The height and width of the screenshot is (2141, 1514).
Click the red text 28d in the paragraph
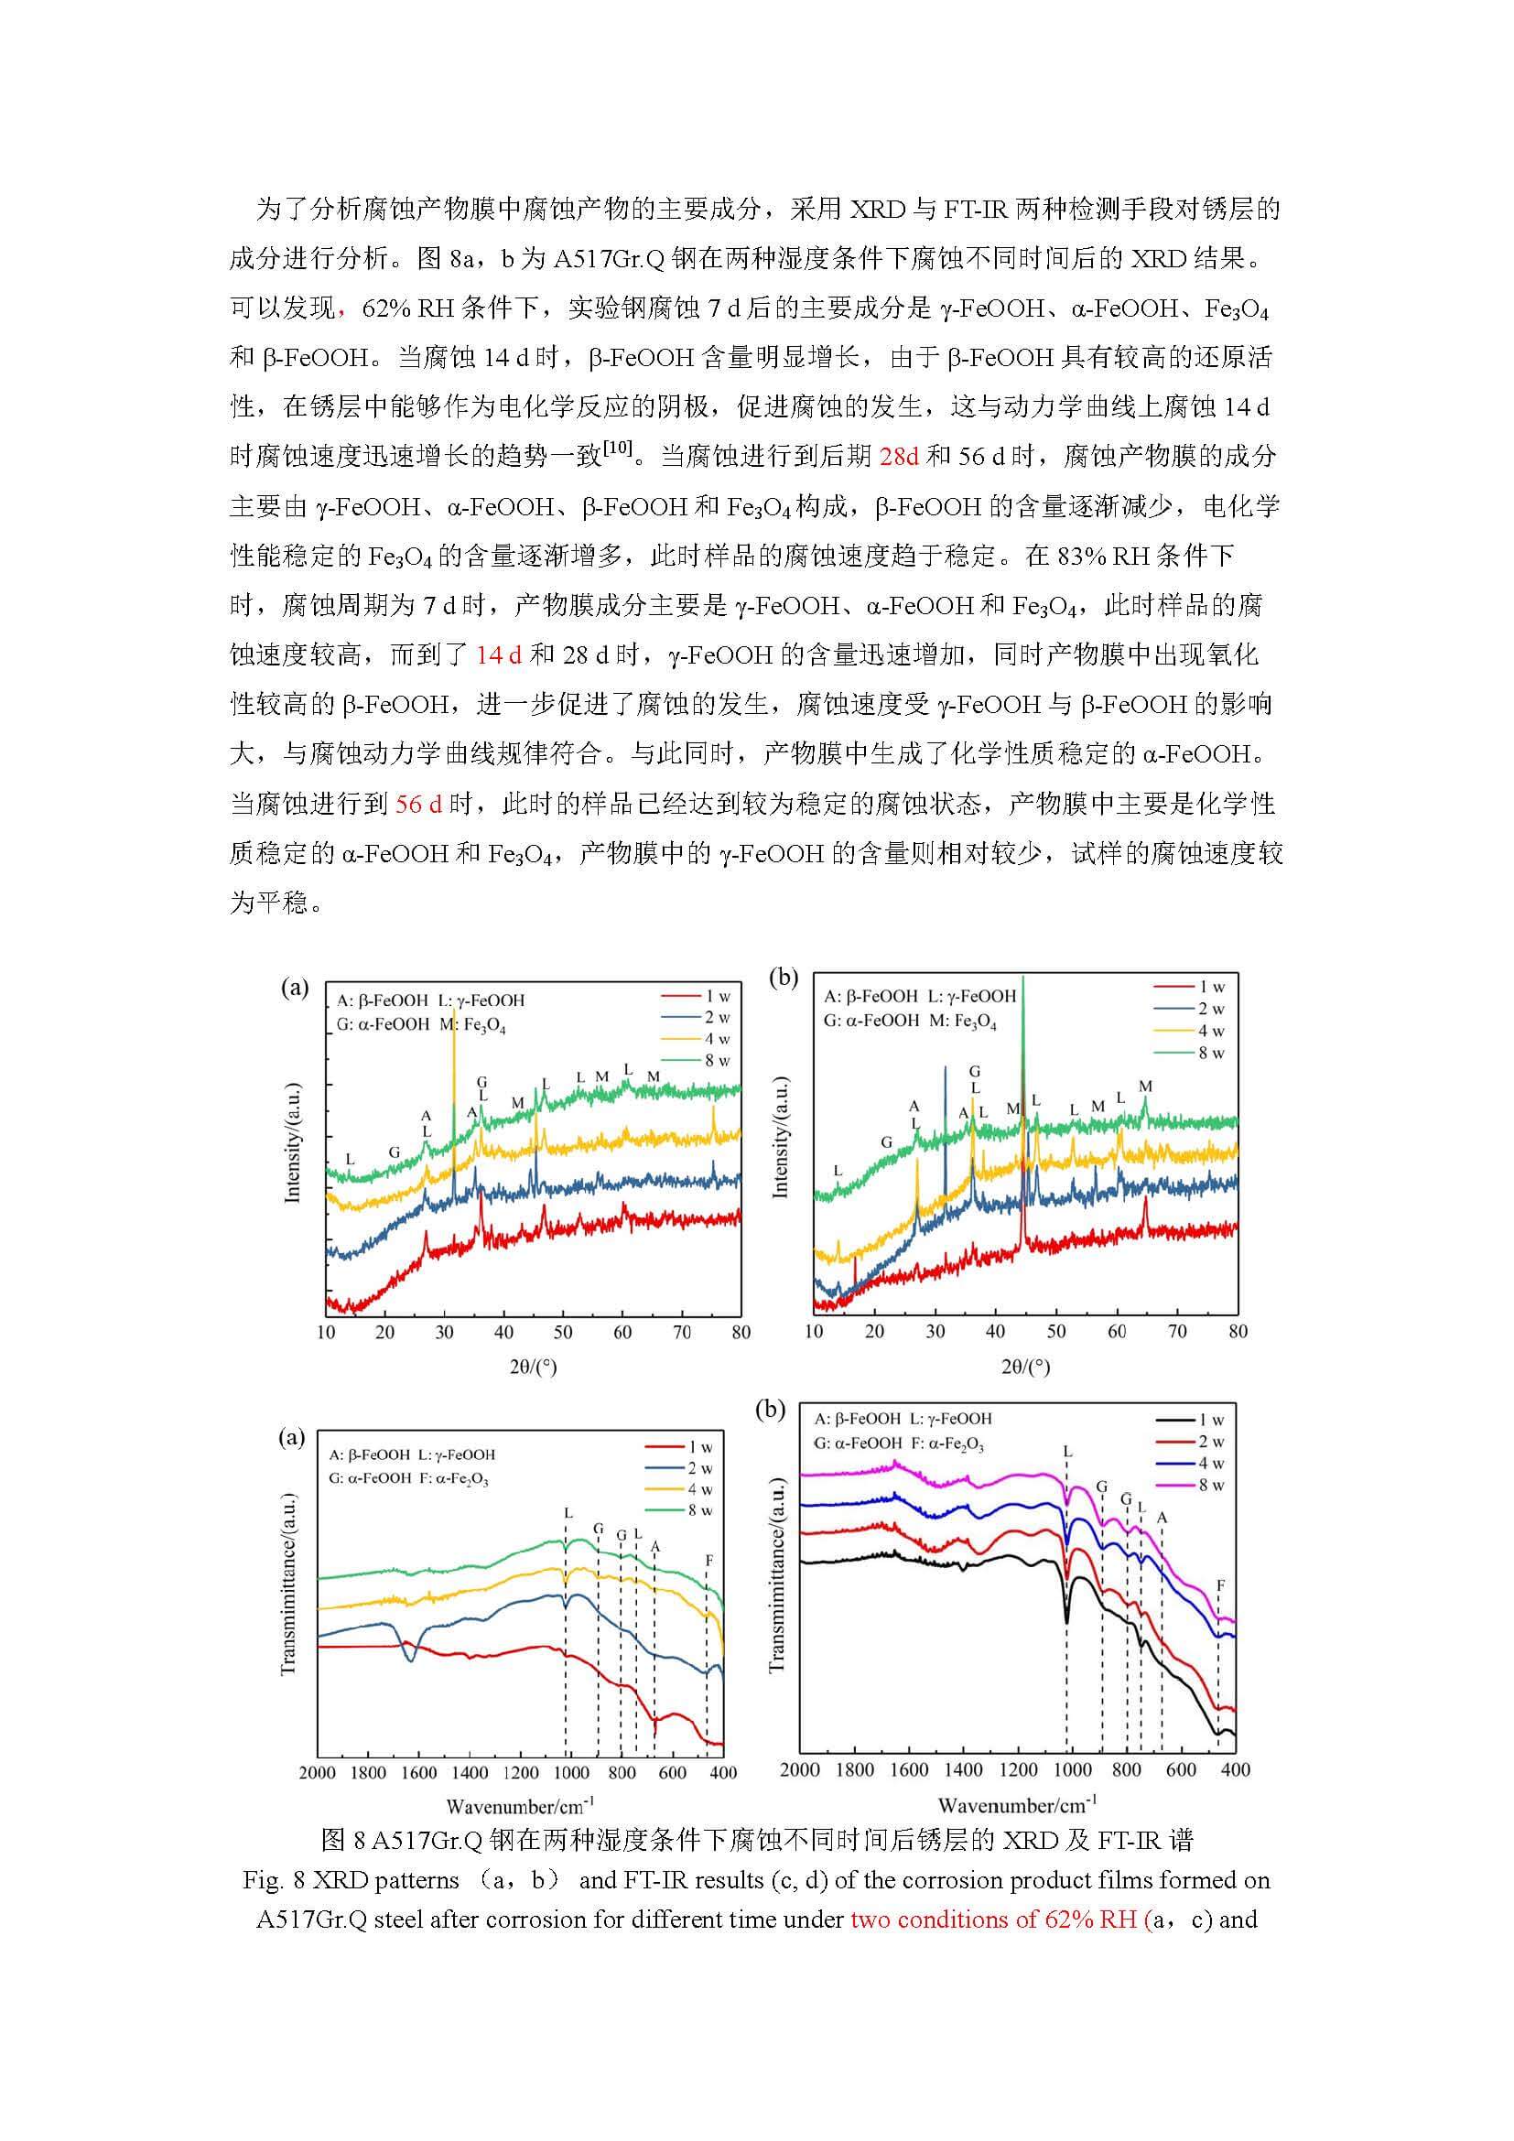[900, 456]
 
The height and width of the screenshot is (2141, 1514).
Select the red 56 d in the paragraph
[418, 803]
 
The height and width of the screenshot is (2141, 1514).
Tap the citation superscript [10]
[618, 449]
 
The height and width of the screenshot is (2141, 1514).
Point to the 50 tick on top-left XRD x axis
[563, 1333]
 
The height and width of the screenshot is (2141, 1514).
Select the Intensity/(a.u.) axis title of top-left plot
[293, 1142]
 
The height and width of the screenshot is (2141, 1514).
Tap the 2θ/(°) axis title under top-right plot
[1024, 1367]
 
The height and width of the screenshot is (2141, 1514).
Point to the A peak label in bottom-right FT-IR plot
[1162, 1518]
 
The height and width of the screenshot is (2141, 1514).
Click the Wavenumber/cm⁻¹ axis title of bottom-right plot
[1017, 1800]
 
